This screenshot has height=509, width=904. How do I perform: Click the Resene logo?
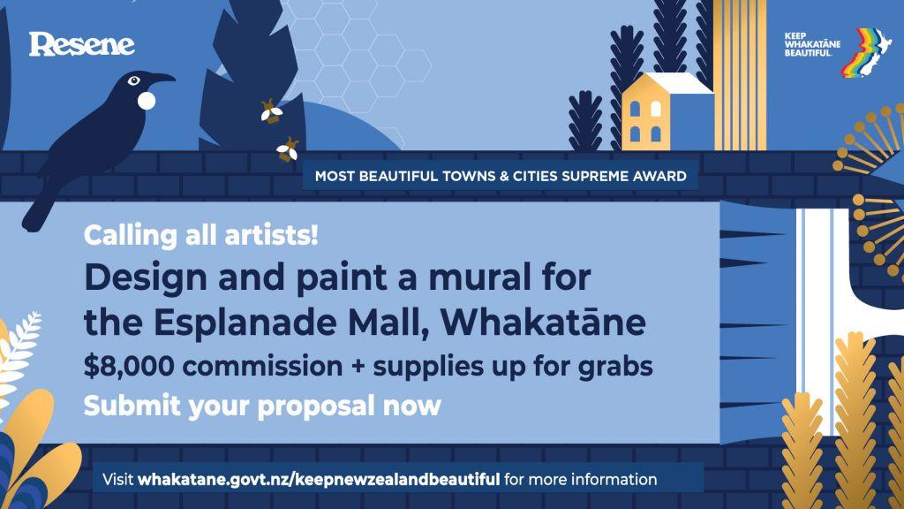click(x=81, y=43)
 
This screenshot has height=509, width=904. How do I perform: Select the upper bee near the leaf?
click(x=270, y=111)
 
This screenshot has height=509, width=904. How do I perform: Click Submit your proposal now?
click(x=261, y=406)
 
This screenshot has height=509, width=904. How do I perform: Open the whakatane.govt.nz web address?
click(x=320, y=481)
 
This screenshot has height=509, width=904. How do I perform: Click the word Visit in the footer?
click(x=118, y=481)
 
